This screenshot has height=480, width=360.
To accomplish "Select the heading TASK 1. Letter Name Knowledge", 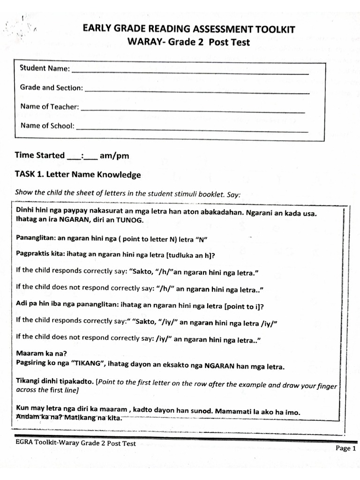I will pos(78,175).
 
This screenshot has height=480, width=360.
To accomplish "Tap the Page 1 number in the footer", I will pos(346,448).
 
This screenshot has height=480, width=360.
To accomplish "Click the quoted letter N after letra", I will pos(203,239).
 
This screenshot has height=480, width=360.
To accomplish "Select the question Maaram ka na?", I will pos(38,354).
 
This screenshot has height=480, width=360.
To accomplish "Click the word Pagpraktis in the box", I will pos(35,255).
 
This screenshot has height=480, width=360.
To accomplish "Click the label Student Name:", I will pos(45,68).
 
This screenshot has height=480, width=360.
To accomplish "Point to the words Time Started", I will pos(40,155).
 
